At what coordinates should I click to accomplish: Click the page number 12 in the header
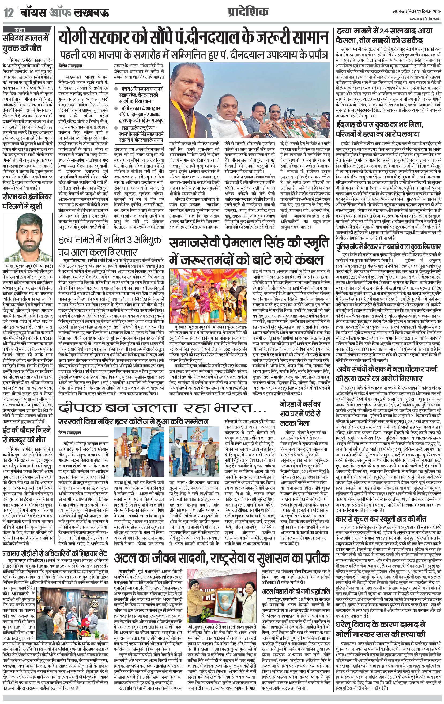pos(9,13)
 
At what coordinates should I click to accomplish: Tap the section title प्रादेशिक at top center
pos(248,12)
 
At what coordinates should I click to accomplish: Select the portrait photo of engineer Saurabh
pos(28,237)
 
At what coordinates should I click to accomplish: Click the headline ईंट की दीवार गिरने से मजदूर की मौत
pos(27,435)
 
